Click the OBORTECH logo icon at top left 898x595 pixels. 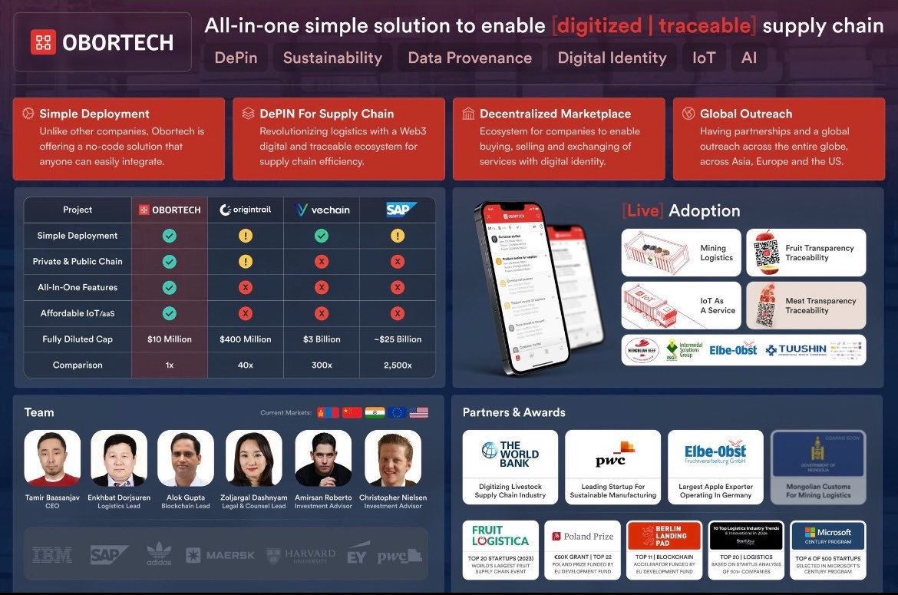[44, 41]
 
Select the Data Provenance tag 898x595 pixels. [470, 58]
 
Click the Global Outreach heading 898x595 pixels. [745, 114]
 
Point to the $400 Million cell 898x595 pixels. [246, 339]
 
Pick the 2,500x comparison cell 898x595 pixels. [397, 365]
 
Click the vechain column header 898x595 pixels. [322, 210]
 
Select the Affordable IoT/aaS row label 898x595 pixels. [78, 313]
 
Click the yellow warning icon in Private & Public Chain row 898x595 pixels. [246, 262]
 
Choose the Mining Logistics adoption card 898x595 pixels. [681, 253]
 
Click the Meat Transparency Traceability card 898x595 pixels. [806, 306]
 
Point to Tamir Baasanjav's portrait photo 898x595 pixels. [52, 458]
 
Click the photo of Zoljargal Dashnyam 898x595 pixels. [254, 458]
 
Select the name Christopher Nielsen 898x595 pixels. [393, 497]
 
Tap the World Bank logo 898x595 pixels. [510, 454]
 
